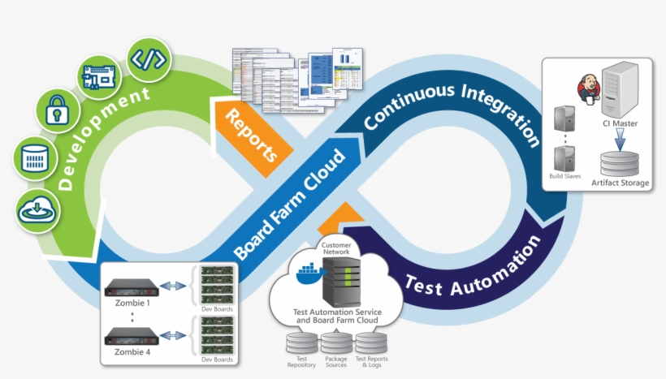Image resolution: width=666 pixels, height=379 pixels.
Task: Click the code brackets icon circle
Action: coord(149,59)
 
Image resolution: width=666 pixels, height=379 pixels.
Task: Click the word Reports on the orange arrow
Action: coord(251,133)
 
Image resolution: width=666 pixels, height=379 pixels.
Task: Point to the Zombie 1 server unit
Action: coord(131,286)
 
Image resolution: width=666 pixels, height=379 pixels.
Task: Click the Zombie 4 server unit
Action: coord(131,334)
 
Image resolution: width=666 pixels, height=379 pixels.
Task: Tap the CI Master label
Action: coord(620,124)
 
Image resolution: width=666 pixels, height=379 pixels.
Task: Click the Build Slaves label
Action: coord(564,175)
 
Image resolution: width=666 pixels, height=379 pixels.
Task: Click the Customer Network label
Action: coord(335,248)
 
